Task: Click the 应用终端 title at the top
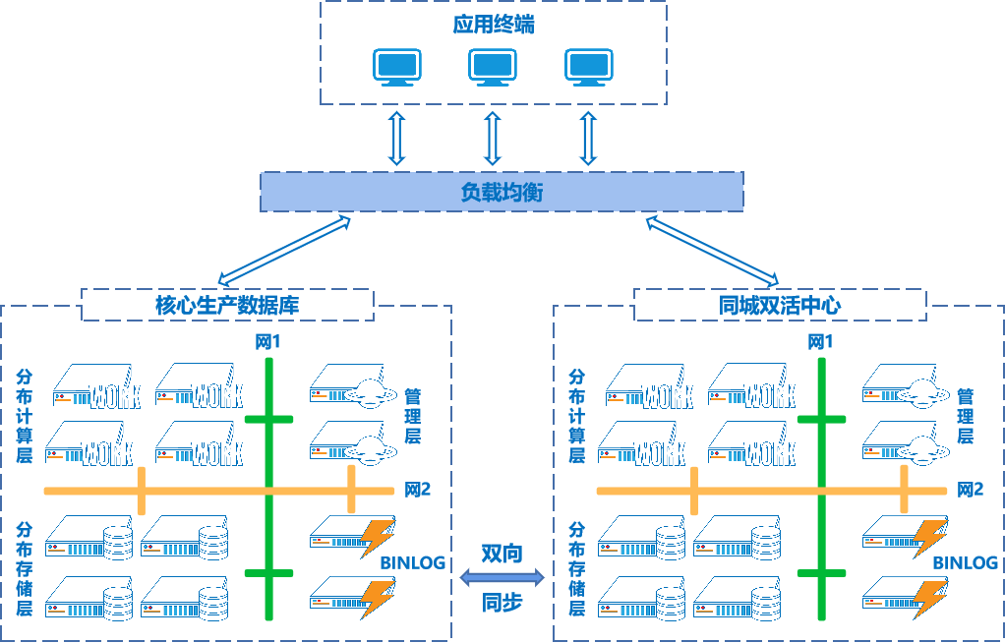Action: [494, 25]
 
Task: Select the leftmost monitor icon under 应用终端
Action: [397, 67]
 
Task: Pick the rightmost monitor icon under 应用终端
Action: [589, 67]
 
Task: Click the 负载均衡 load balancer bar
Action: [501, 192]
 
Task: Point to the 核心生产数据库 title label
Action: [227, 305]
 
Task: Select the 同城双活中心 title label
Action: [780, 305]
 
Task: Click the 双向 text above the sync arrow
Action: [502, 554]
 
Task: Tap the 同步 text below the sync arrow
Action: [502, 603]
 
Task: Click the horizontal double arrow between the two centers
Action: [502, 578]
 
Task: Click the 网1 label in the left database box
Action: [268, 342]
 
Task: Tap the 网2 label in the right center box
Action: [971, 489]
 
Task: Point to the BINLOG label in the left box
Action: [413, 563]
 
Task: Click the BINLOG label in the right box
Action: [966, 563]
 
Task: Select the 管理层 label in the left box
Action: [413, 416]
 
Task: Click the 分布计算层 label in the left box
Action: [25, 416]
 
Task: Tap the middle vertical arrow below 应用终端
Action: [493, 138]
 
